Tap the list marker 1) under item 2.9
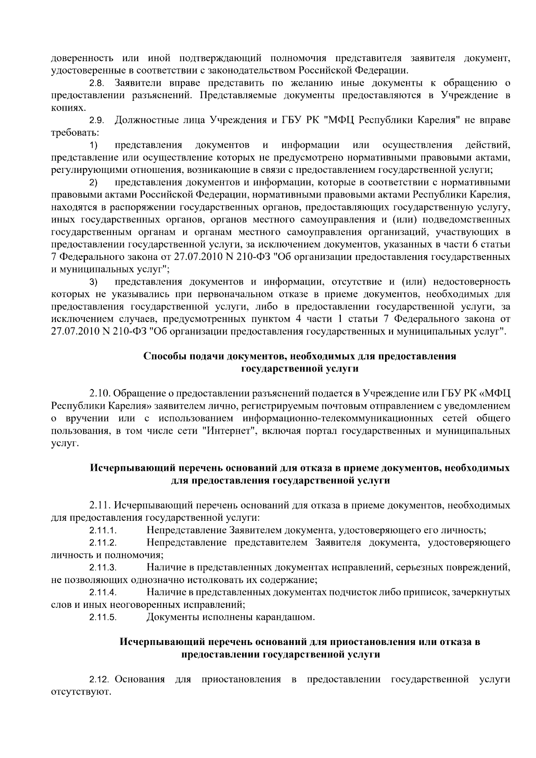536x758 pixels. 93,146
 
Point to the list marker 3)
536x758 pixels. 93,282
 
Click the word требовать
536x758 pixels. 74,133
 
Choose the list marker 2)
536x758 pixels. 93,183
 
